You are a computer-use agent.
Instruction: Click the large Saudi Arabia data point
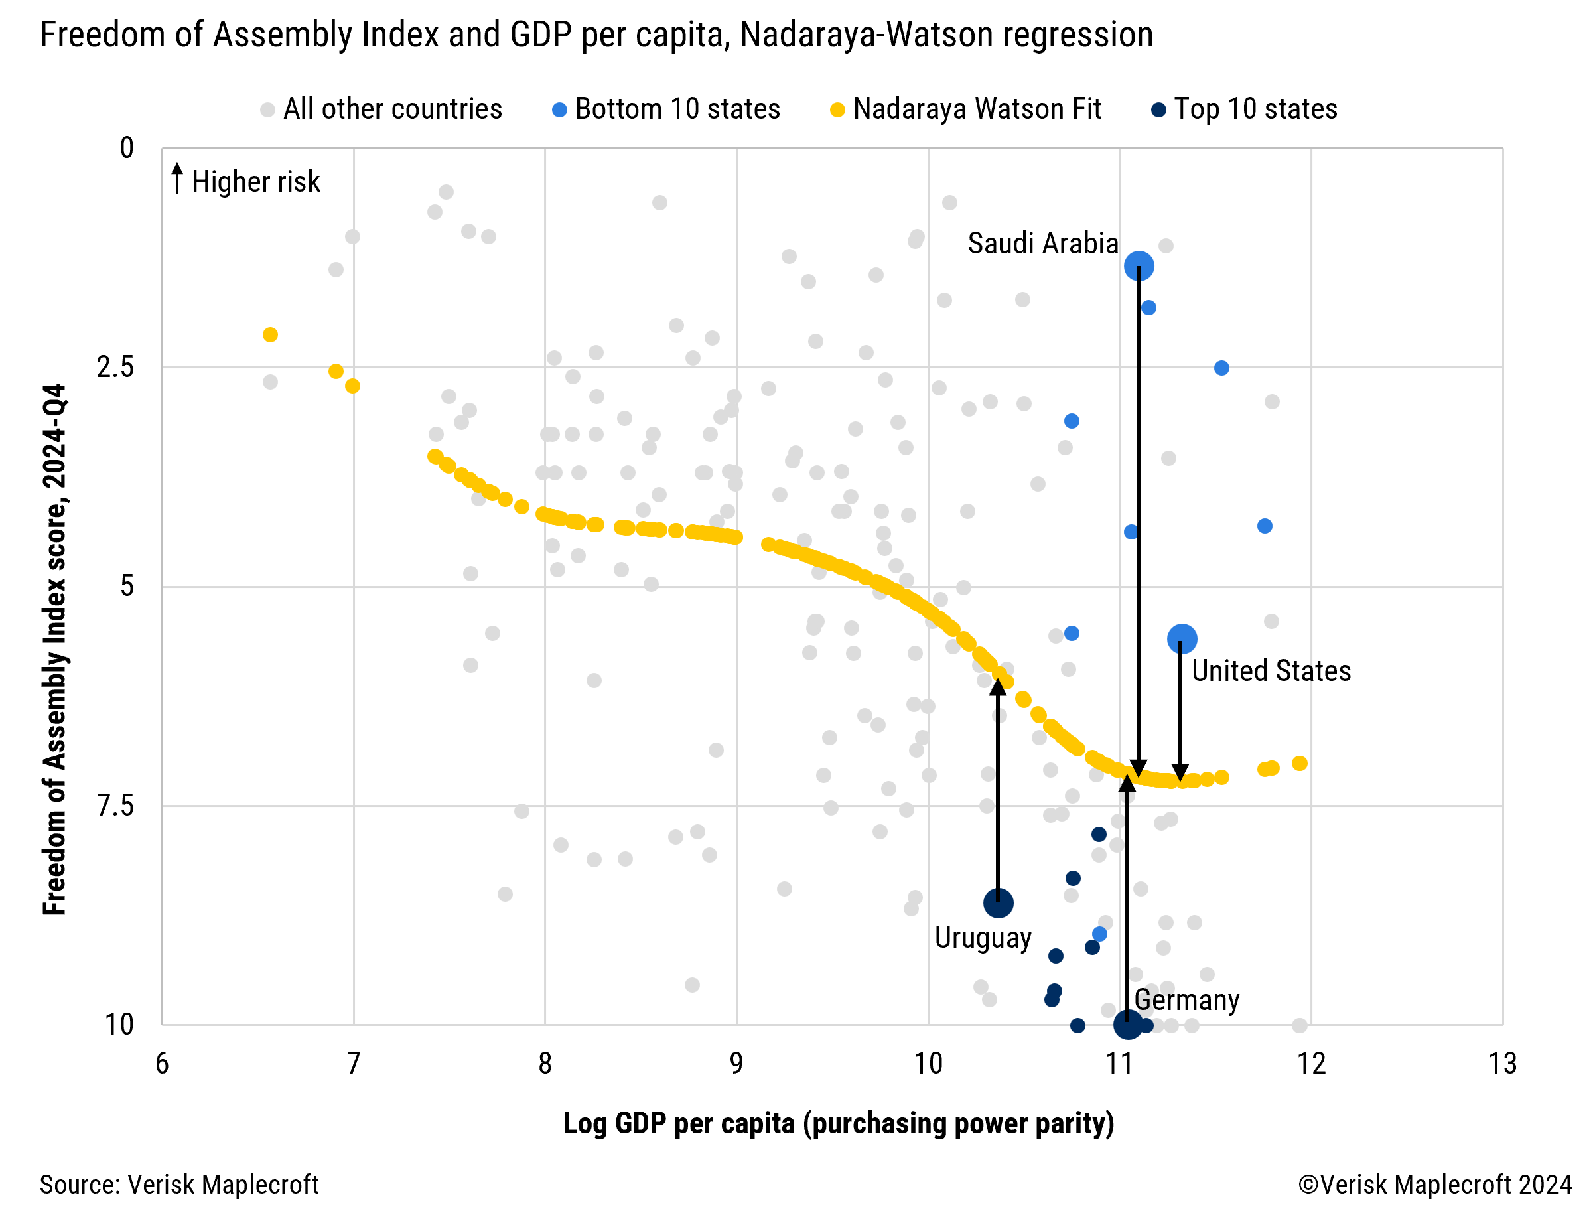pos(1139,266)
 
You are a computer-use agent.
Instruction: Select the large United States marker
pos(1182,639)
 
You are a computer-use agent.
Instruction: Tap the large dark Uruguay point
pos(999,903)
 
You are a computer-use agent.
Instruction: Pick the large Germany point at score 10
pos(1128,1025)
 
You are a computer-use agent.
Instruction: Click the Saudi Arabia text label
pos(1043,244)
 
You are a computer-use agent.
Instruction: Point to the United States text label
pos(1271,671)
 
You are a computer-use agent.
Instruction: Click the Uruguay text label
pos(983,938)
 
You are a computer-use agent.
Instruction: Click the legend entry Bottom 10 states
pos(677,109)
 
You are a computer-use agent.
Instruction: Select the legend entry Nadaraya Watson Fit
pos(977,109)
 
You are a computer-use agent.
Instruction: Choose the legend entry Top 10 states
pos(1255,109)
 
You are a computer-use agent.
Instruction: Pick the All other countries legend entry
pos(391,109)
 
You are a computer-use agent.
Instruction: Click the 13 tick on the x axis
pos(1503,1064)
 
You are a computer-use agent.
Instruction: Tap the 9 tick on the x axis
pos(736,1064)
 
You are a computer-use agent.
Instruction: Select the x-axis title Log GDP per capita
pos(838,1123)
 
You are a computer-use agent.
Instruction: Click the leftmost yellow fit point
pos(270,334)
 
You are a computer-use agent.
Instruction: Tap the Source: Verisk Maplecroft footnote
pos(178,1185)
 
